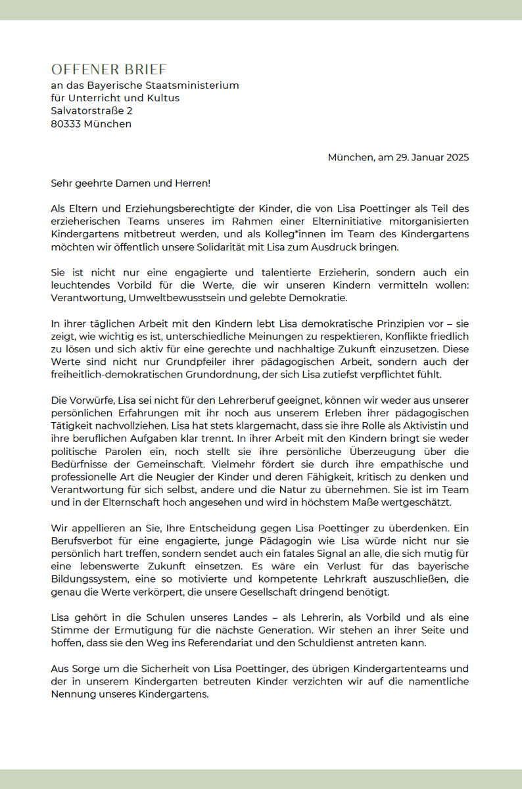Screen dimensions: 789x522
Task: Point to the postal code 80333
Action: [65, 124]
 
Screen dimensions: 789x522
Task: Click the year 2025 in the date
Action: [456, 157]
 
